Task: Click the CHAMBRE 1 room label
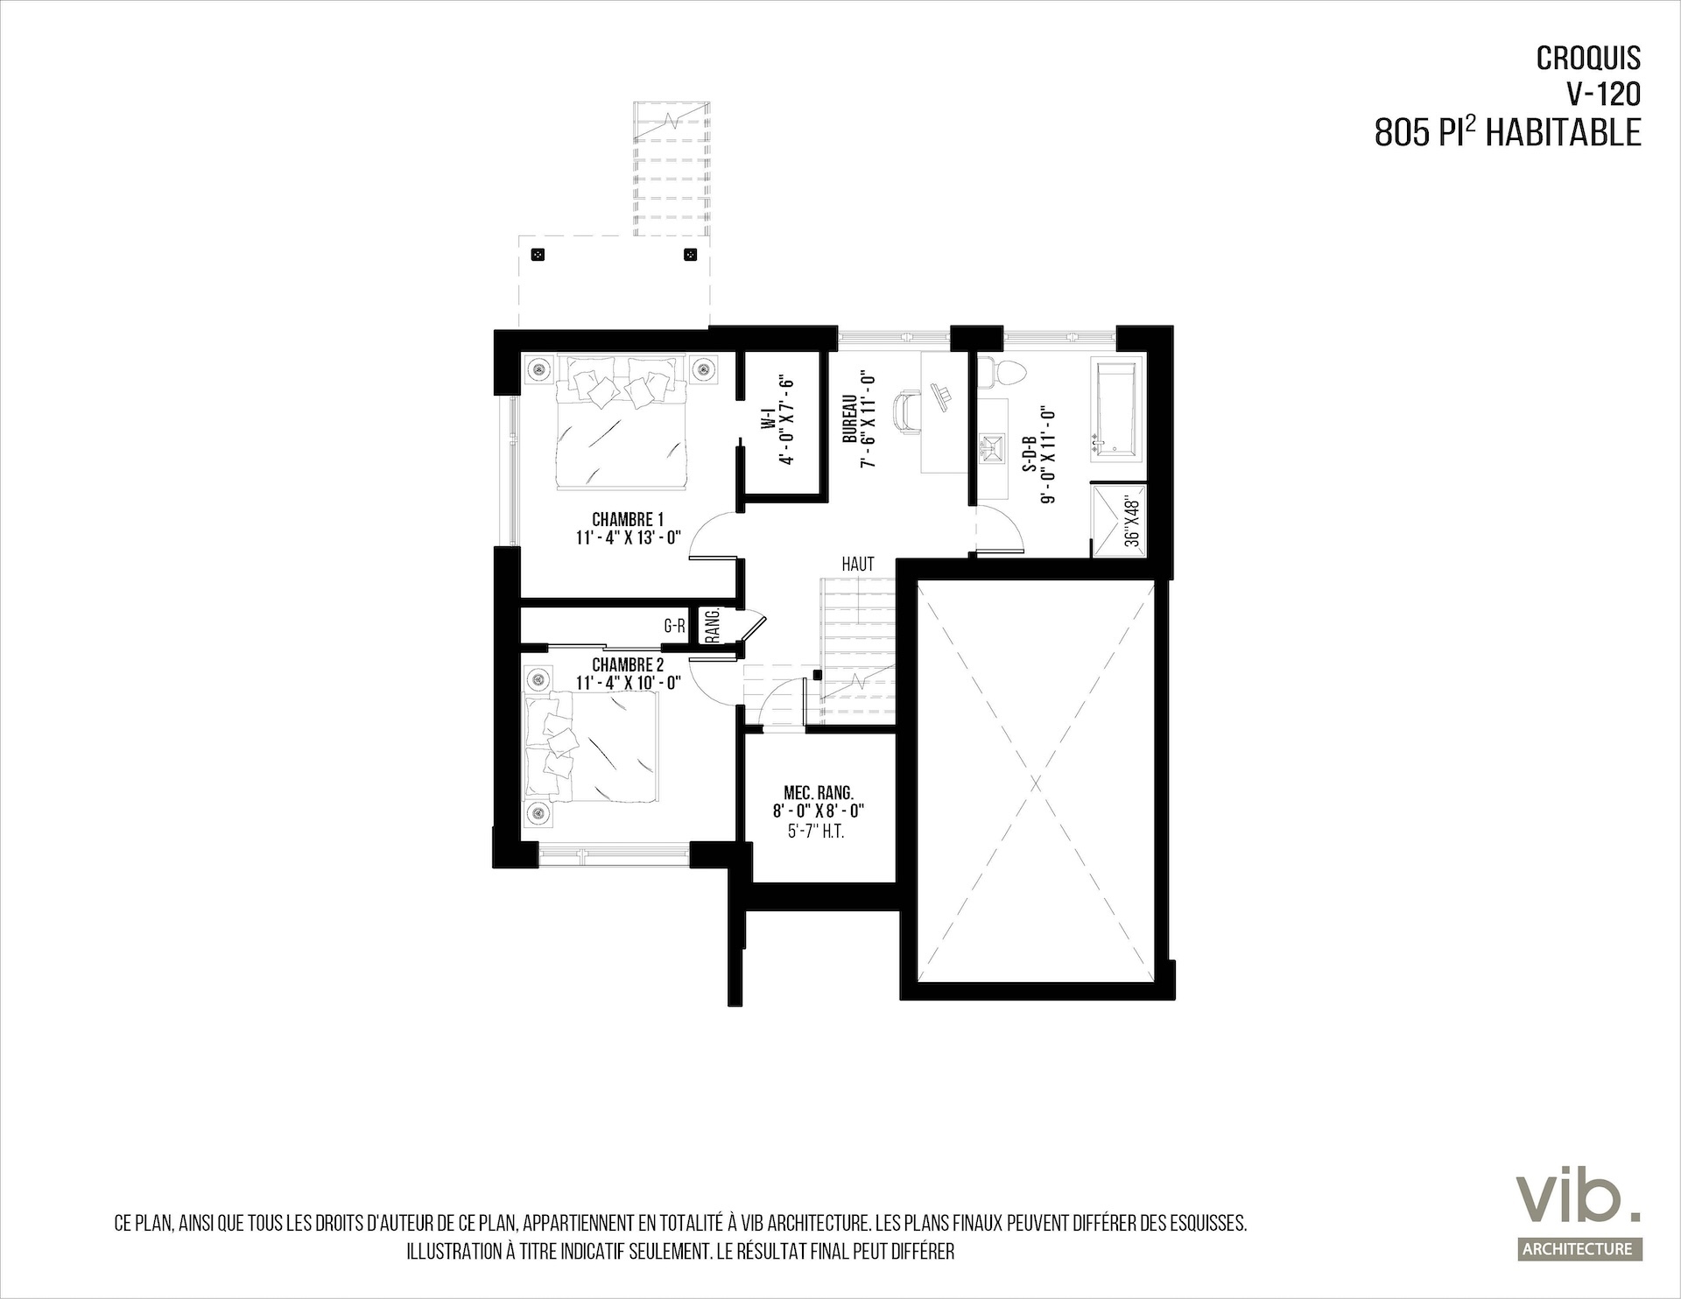coord(628,520)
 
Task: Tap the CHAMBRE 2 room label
coord(628,665)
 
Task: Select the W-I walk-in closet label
coord(767,421)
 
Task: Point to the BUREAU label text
coord(848,419)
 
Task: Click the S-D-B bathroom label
coord(1030,454)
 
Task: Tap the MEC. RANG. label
coord(819,793)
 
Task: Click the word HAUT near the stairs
coord(858,565)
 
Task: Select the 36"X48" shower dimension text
coord(1132,522)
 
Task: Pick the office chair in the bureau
coord(905,411)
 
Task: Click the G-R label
coord(674,626)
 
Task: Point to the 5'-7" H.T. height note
coord(816,832)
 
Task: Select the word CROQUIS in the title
coord(1588,59)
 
